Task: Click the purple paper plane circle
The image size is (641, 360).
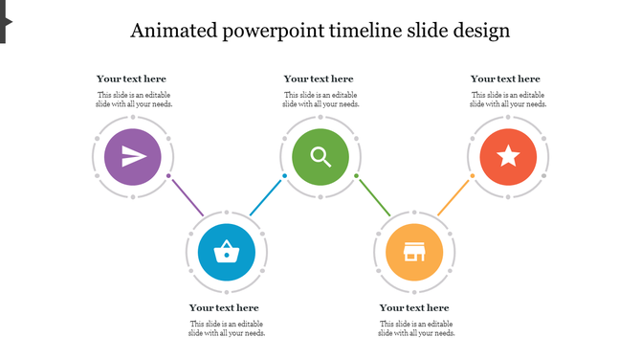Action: (x=133, y=157)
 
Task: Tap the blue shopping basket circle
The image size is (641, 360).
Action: (x=227, y=252)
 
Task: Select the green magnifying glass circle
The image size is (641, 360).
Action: (x=320, y=157)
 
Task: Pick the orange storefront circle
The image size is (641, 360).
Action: (x=414, y=252)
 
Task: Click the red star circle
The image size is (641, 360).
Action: (x=508, y=157)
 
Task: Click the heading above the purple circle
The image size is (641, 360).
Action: (x=131, y=79)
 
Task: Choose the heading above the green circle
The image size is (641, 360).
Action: (x=319, y=79)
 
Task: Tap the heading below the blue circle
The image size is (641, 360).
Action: (x=224, y=307)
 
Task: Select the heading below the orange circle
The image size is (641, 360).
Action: (x=414, y=307)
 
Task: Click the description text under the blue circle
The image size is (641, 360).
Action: (x=227, y=328)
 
